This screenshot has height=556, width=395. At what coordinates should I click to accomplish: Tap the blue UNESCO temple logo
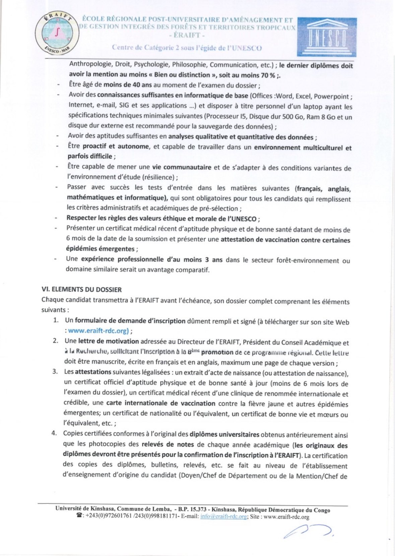pos(327,37)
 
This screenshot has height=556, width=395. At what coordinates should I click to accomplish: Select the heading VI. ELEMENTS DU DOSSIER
pos(81,289)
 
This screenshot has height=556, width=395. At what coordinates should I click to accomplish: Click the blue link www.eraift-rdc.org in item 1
pos(98,331)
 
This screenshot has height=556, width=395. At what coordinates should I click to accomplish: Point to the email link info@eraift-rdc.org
pos(223,517)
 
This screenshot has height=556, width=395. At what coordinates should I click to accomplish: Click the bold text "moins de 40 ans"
pos(128,85)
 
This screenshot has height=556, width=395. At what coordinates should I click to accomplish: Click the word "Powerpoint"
pos(332,97)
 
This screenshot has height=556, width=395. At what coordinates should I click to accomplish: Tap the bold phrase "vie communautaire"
pos(182,167)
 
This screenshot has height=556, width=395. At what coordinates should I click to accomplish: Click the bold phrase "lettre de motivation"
pos(109,341)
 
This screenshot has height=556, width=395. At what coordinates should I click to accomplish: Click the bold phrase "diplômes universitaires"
pos(224,434)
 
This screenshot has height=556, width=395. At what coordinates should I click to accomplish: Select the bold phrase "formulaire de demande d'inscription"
pos(130,321)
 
